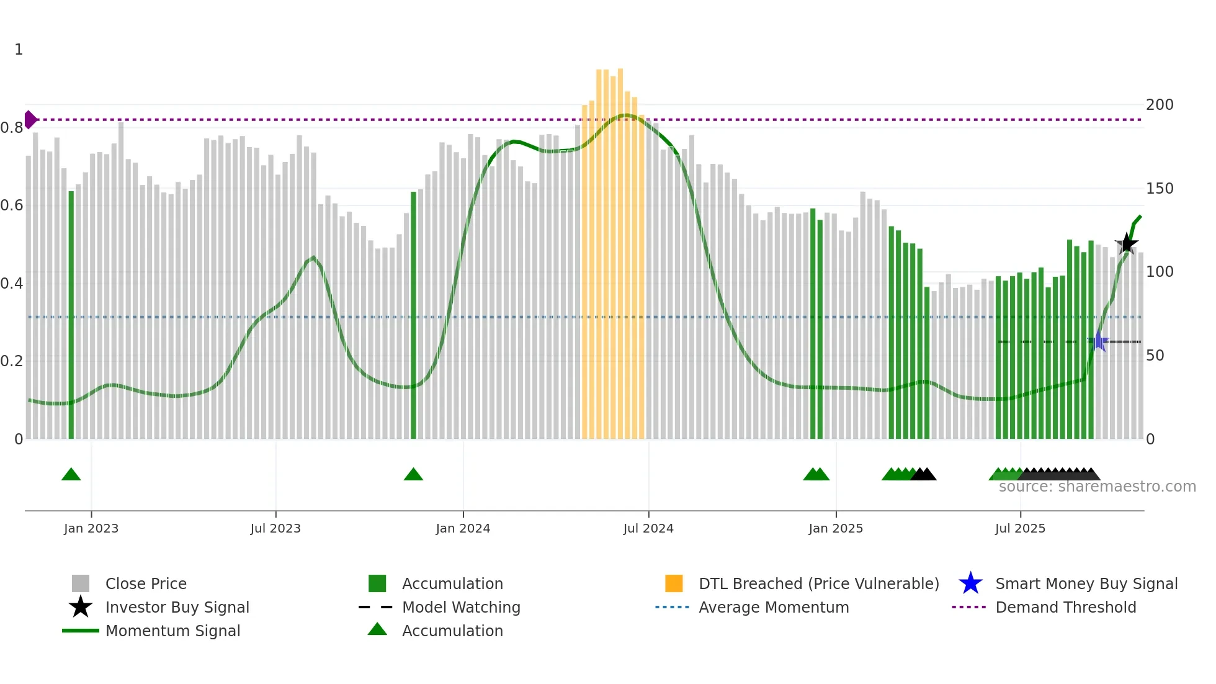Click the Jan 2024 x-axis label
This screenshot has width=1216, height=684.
(x=463, y=528)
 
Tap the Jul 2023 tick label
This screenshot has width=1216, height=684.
(x=275, y=528)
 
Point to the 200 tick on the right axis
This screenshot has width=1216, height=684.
(x=1160, y=104)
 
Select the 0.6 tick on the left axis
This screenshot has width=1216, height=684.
(x=12, y=205)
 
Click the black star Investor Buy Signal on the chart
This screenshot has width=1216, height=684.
(x=1127, y=244)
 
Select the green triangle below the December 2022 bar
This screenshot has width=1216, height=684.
(x=71, y=475)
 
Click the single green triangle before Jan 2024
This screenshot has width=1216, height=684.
(x=413, y=475)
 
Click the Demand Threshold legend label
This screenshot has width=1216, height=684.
(x=1065, y=607)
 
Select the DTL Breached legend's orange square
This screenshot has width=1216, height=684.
(x=674, y=583)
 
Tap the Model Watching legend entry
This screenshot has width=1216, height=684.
(x=460, y=607)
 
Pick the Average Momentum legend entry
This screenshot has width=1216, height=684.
(x=773, y=607)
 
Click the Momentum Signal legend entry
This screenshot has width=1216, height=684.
(x=172, y=631)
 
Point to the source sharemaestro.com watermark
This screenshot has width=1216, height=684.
(x=1097, y=487)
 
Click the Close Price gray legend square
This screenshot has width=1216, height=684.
(x=81, y=583)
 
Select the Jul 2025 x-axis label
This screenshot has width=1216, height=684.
(x=1020, y=528)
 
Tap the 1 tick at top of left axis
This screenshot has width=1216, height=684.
(x=19, y=50)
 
